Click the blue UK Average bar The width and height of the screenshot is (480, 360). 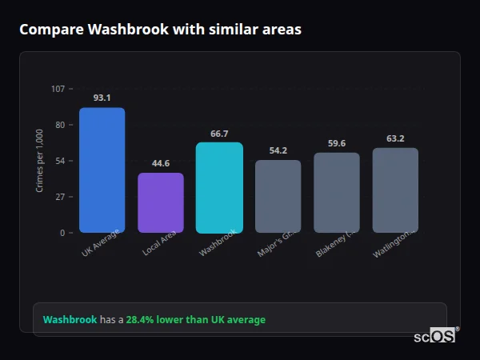click(x=102, y=170)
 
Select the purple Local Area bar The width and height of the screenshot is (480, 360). click(x=161, y=202)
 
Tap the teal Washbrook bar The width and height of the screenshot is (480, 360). click(x=219, y=187)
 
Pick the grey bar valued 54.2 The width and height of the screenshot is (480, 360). click(x=278, y=196)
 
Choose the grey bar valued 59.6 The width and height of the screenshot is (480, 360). click(x=337, y=192)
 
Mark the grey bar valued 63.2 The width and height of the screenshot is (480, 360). click(x=395, y=190)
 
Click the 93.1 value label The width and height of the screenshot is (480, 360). click(x=102, y=98)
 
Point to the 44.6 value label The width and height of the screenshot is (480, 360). click(x=161, y=163)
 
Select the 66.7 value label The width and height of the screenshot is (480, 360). click(x=219, y=134)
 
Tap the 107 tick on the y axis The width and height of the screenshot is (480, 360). click(x=58, y=88)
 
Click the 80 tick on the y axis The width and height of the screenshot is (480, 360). click(x=60, y=124)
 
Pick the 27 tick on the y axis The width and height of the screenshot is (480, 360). click(x=60, y=196)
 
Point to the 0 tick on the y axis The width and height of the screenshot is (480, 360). click(x=62, y=233)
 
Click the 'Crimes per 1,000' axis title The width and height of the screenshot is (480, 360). click(x=40, y=161)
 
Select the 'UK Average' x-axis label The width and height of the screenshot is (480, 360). click(x=101, y=242)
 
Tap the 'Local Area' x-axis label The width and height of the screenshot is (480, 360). click(x=159, y=243)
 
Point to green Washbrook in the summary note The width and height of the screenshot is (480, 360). click(x=70, y=320)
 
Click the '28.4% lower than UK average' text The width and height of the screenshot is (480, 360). click(x=195, y=320)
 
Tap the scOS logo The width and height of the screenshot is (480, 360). click(x=434, y=336)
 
